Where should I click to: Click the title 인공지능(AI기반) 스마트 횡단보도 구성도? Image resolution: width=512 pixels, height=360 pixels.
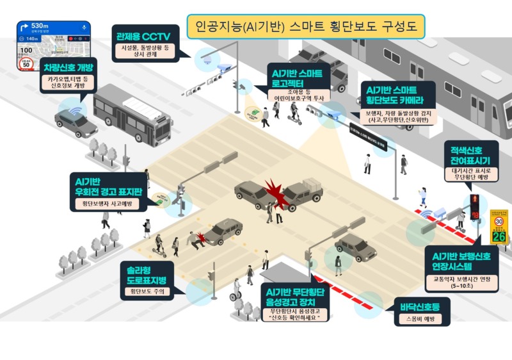306,26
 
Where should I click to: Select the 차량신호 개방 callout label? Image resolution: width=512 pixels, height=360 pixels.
69,67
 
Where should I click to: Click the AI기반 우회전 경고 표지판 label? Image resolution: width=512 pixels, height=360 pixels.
108,184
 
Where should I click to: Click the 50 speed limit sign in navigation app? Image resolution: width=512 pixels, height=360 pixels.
26,64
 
